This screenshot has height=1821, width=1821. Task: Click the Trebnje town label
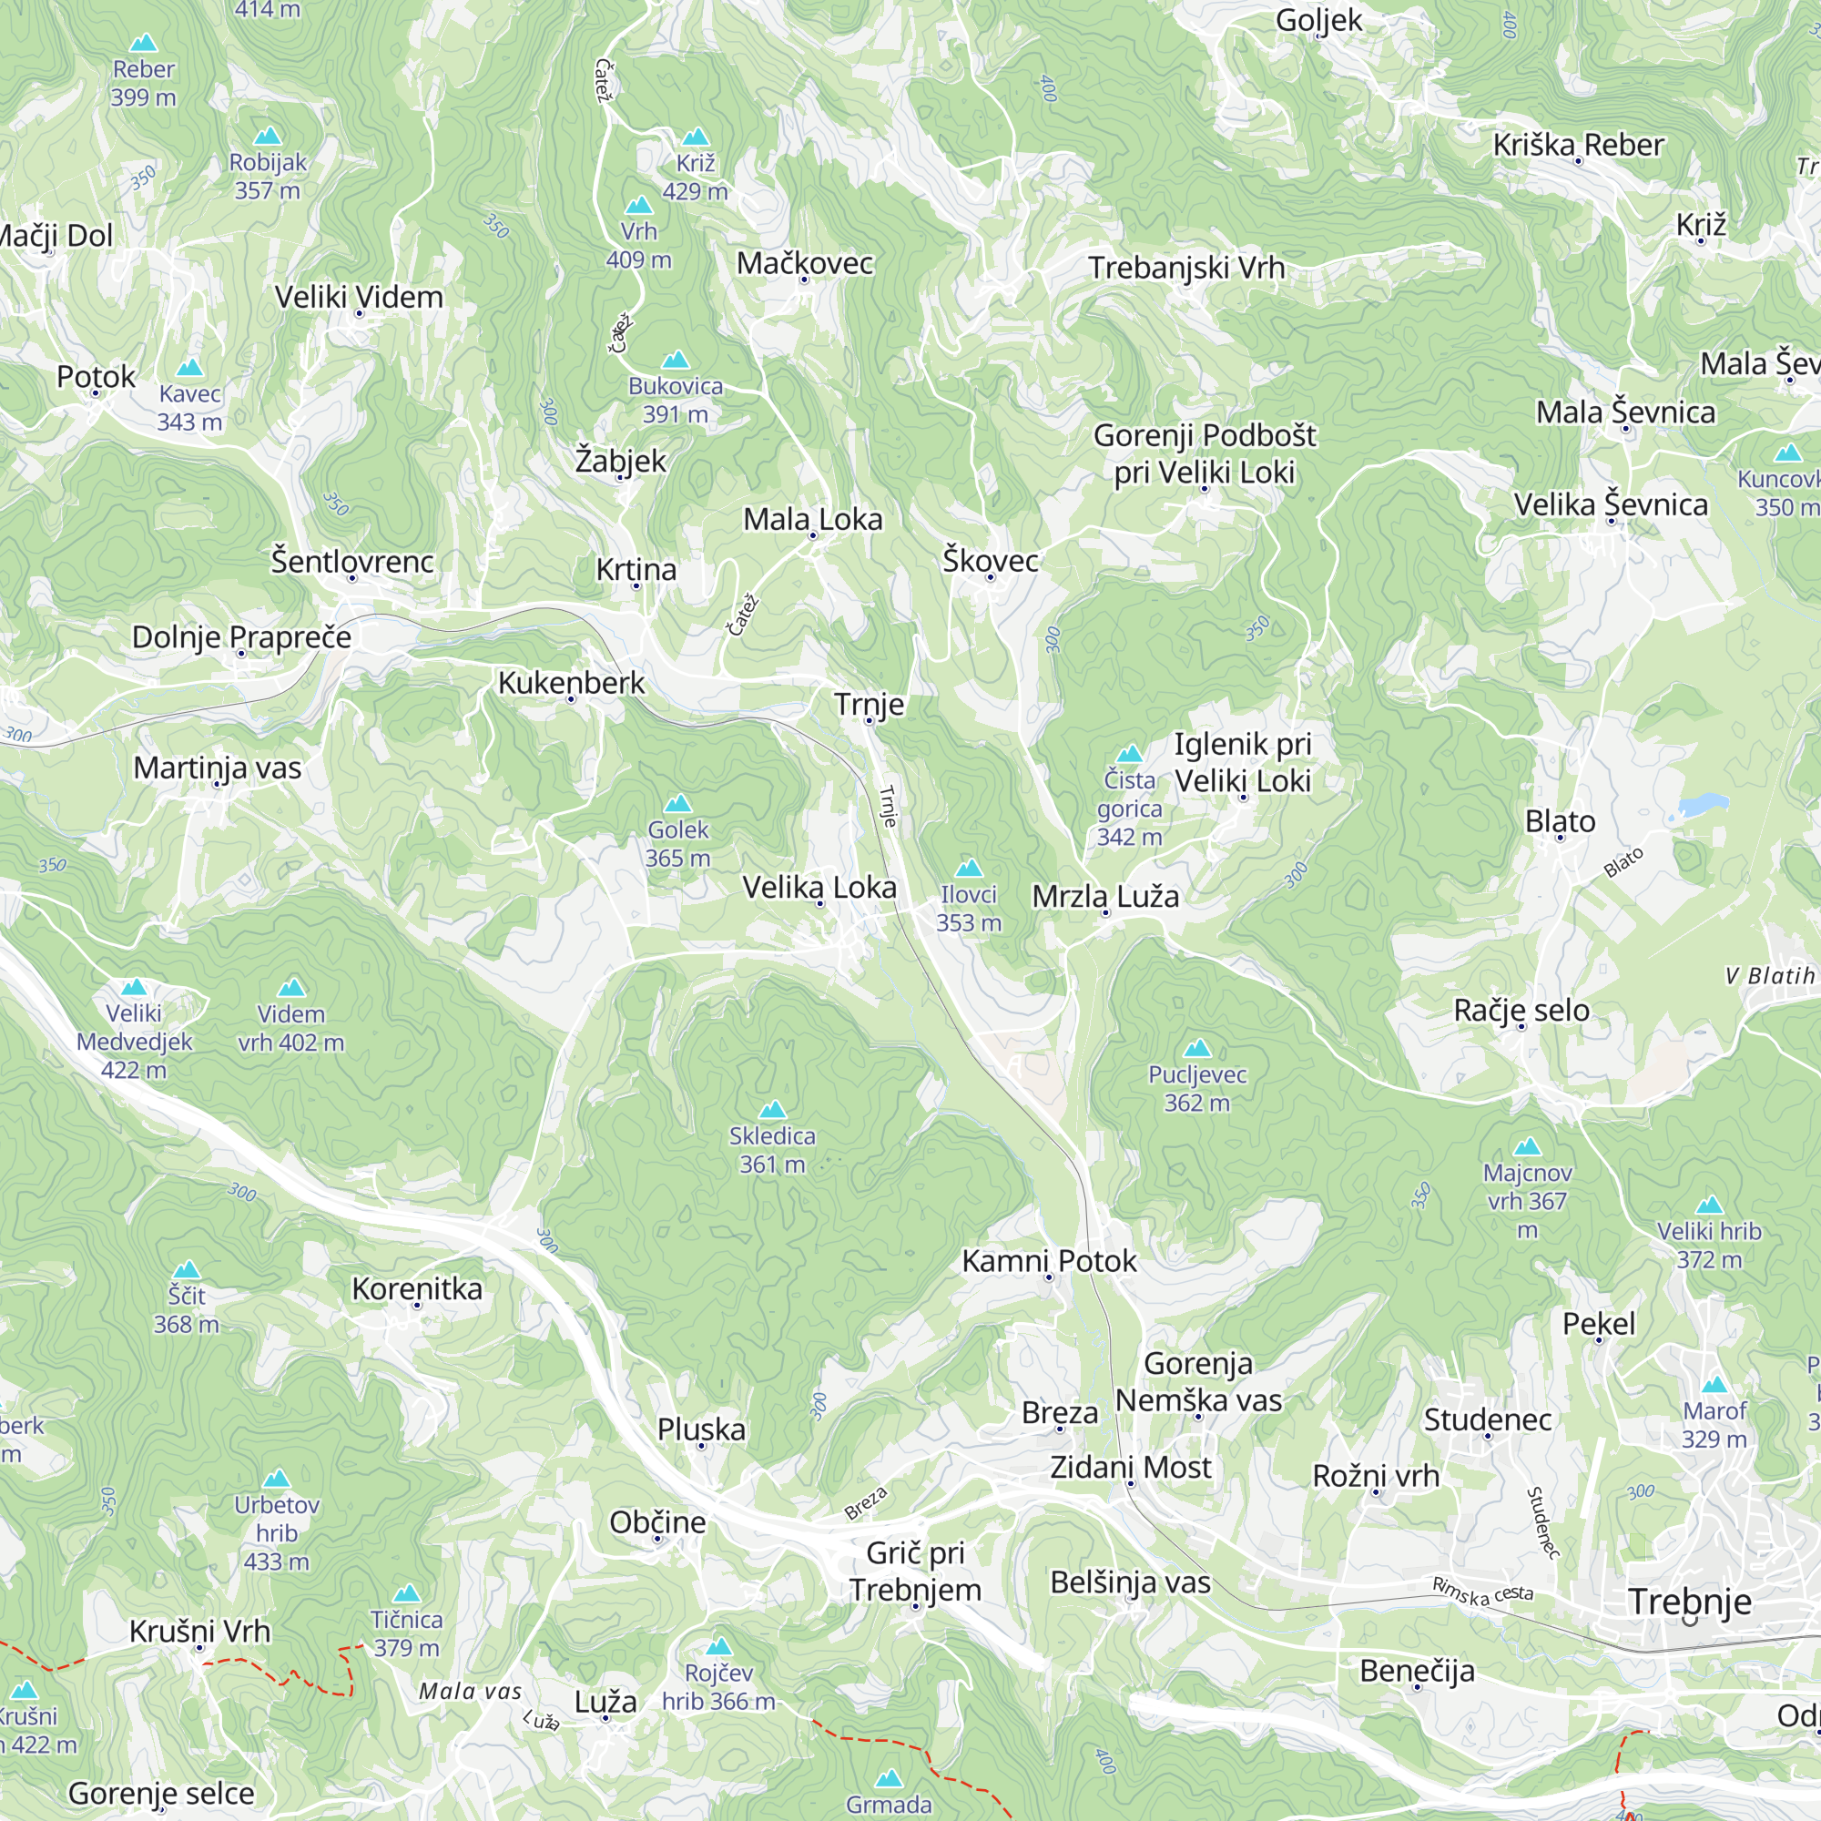[1689, 1602]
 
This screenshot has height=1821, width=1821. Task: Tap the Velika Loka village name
[819, 887]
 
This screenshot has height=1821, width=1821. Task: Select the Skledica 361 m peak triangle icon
[772, 1109]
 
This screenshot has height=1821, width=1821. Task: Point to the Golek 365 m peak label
[677, 844]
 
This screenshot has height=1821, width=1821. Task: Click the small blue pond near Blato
[1704, 805]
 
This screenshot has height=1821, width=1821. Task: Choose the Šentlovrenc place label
[351, 562]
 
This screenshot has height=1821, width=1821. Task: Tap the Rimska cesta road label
[1482, 1591]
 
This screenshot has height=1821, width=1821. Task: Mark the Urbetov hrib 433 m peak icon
[276, 1479]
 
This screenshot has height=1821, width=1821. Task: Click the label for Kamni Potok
[1048, 1261]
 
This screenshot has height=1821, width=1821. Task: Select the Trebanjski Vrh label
[1185, 268]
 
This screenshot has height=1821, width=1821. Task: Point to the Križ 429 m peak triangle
[696, 137]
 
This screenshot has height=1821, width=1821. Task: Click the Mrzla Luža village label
[1104, 895]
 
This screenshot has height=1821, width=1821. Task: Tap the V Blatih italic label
[1769, 975]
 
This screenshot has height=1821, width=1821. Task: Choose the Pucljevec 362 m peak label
[1197, 1088]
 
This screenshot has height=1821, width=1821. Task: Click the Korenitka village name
[417, 1288]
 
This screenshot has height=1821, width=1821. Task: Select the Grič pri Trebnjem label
[914, 1572]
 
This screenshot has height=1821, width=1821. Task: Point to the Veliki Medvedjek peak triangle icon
[134, 987]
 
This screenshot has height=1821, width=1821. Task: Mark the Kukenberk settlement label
[570, 682]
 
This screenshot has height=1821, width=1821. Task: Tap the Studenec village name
[1487, 1419]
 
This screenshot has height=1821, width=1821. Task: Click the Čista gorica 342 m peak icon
[1129, 754]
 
